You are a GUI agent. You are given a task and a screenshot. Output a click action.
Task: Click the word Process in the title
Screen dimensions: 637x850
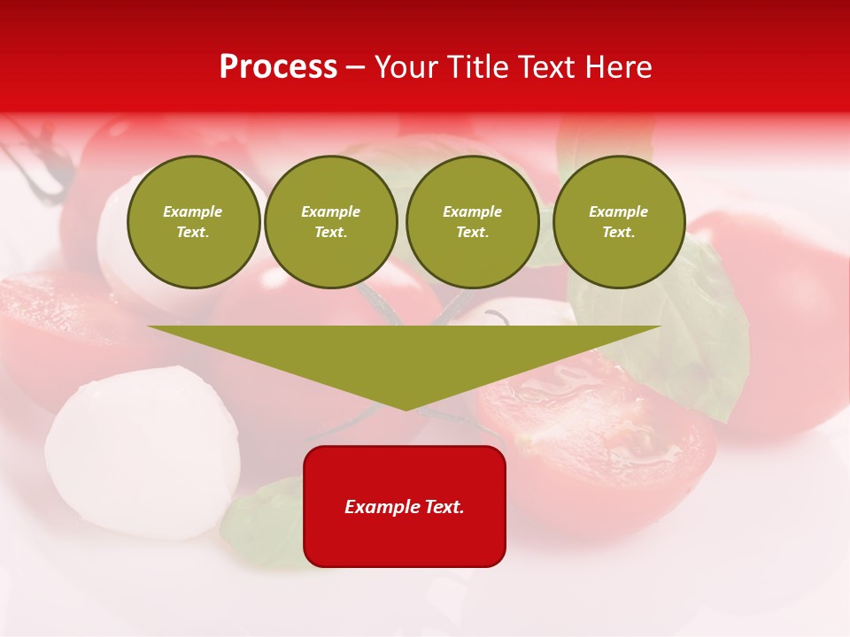[278, 67]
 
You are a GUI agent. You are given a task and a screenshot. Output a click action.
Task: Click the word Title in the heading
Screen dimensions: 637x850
[475, 67]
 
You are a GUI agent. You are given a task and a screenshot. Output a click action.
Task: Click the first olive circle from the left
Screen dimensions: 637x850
[193, 221]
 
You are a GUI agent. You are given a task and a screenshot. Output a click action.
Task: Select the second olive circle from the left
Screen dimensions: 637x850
[331, 221]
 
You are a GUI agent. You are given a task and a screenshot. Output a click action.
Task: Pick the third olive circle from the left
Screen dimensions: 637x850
[473, 221]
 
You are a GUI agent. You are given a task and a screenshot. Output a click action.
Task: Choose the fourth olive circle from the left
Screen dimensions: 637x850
[619, 221]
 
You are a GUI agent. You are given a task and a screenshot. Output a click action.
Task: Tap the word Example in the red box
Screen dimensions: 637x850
[382, 507]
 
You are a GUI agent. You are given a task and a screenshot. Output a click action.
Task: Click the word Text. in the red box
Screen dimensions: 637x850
[444, 507]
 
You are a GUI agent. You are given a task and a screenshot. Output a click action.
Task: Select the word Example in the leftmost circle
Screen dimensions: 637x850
[193, 211]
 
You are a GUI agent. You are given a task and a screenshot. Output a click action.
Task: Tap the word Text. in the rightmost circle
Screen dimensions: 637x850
[619, 232]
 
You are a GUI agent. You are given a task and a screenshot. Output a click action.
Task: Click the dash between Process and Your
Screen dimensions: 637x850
[355, 67]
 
